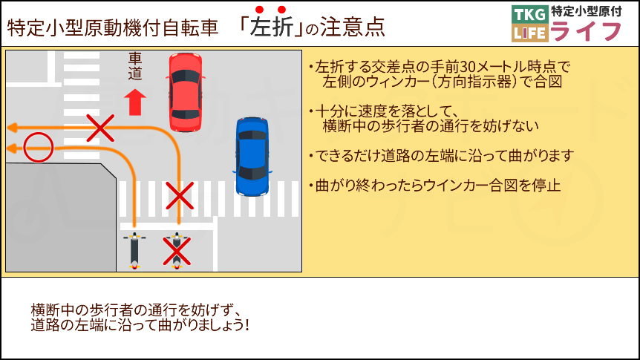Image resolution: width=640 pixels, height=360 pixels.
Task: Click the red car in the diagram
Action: [x=185, y=91]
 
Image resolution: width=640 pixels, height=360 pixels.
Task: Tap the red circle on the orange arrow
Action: [x=37, y=148]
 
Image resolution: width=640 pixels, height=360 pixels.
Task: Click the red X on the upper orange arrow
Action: [x=100, y=128]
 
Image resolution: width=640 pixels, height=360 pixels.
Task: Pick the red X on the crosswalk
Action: [x=178, y=196]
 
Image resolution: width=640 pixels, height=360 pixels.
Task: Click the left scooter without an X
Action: [x=134, y=249]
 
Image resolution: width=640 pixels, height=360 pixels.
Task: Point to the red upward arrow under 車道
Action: [x=134, y=102]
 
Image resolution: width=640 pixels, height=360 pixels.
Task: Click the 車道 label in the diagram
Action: [x=134, y=66]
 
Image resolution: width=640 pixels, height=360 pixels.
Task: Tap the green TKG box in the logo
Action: [x=529, y=14]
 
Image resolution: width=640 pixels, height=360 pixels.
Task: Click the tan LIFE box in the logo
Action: [x=529, y=33]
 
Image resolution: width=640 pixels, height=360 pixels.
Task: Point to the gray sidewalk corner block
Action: [x=59, y=215]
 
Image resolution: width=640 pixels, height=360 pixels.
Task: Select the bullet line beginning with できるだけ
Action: [x=441, y=156]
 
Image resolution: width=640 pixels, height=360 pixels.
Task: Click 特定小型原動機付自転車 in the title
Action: [x=113, y=28]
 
